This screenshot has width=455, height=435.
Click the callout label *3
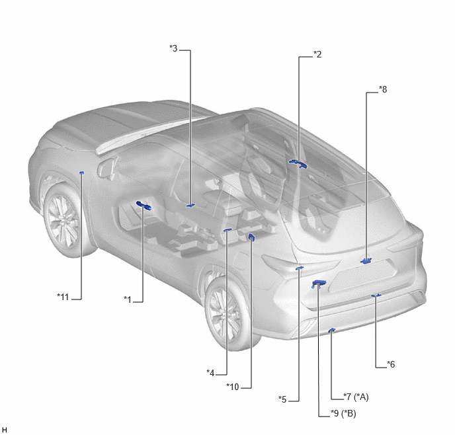[x=173, y=48]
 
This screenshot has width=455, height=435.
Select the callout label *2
[x=317, y=54]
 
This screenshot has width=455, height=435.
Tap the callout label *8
[x=383, y=89]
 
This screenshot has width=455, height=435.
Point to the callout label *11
[x=63, y=297]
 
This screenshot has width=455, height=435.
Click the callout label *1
[x=128, y=299]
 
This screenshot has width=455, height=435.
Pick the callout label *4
[x=210, y=373]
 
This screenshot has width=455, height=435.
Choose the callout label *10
[x=232, y=387]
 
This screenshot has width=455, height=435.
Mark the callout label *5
[x=282, y=399]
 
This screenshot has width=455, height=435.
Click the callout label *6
[x=391, y=364]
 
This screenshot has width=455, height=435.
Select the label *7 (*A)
[x=356, y=397]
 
